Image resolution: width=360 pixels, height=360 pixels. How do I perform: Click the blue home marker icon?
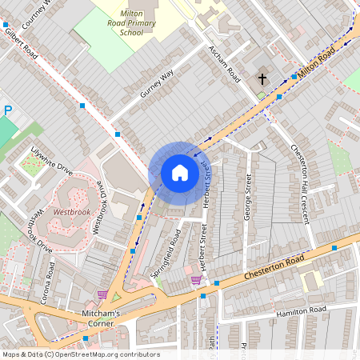click(180, 172)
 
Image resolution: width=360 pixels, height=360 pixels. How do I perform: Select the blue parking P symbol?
click(8, 111)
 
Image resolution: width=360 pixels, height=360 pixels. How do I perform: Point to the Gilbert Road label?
click(20, 45)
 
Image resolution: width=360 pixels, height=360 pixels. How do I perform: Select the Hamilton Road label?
click(300, 310)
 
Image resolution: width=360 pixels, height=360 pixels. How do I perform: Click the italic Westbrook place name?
click(73, 213)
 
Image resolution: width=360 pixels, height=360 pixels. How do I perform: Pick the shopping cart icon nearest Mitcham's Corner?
click(102, 294)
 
